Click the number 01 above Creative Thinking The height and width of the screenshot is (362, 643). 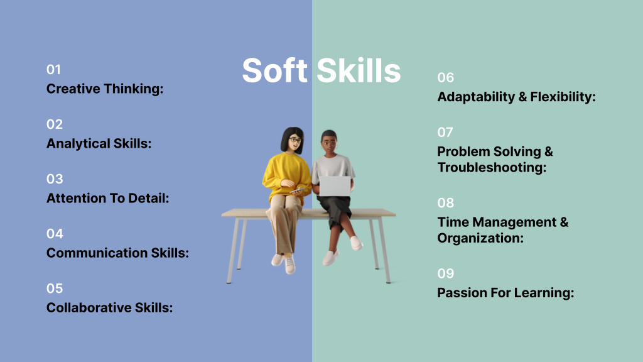[54, 70]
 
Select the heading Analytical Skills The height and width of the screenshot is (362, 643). [99, 143]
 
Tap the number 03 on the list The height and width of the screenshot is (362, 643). [55, 179]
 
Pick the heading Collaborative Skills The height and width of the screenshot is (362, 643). [109, 307]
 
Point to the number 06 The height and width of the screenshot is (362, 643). [445, 78]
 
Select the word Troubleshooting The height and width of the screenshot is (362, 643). [492, 168]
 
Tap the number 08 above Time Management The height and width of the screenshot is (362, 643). [445, 203]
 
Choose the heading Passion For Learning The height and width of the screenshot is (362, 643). [505, 293]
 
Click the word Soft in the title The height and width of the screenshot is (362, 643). [274, 70]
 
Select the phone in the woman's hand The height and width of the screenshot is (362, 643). [298, 190]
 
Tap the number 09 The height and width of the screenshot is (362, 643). [445, 274]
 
